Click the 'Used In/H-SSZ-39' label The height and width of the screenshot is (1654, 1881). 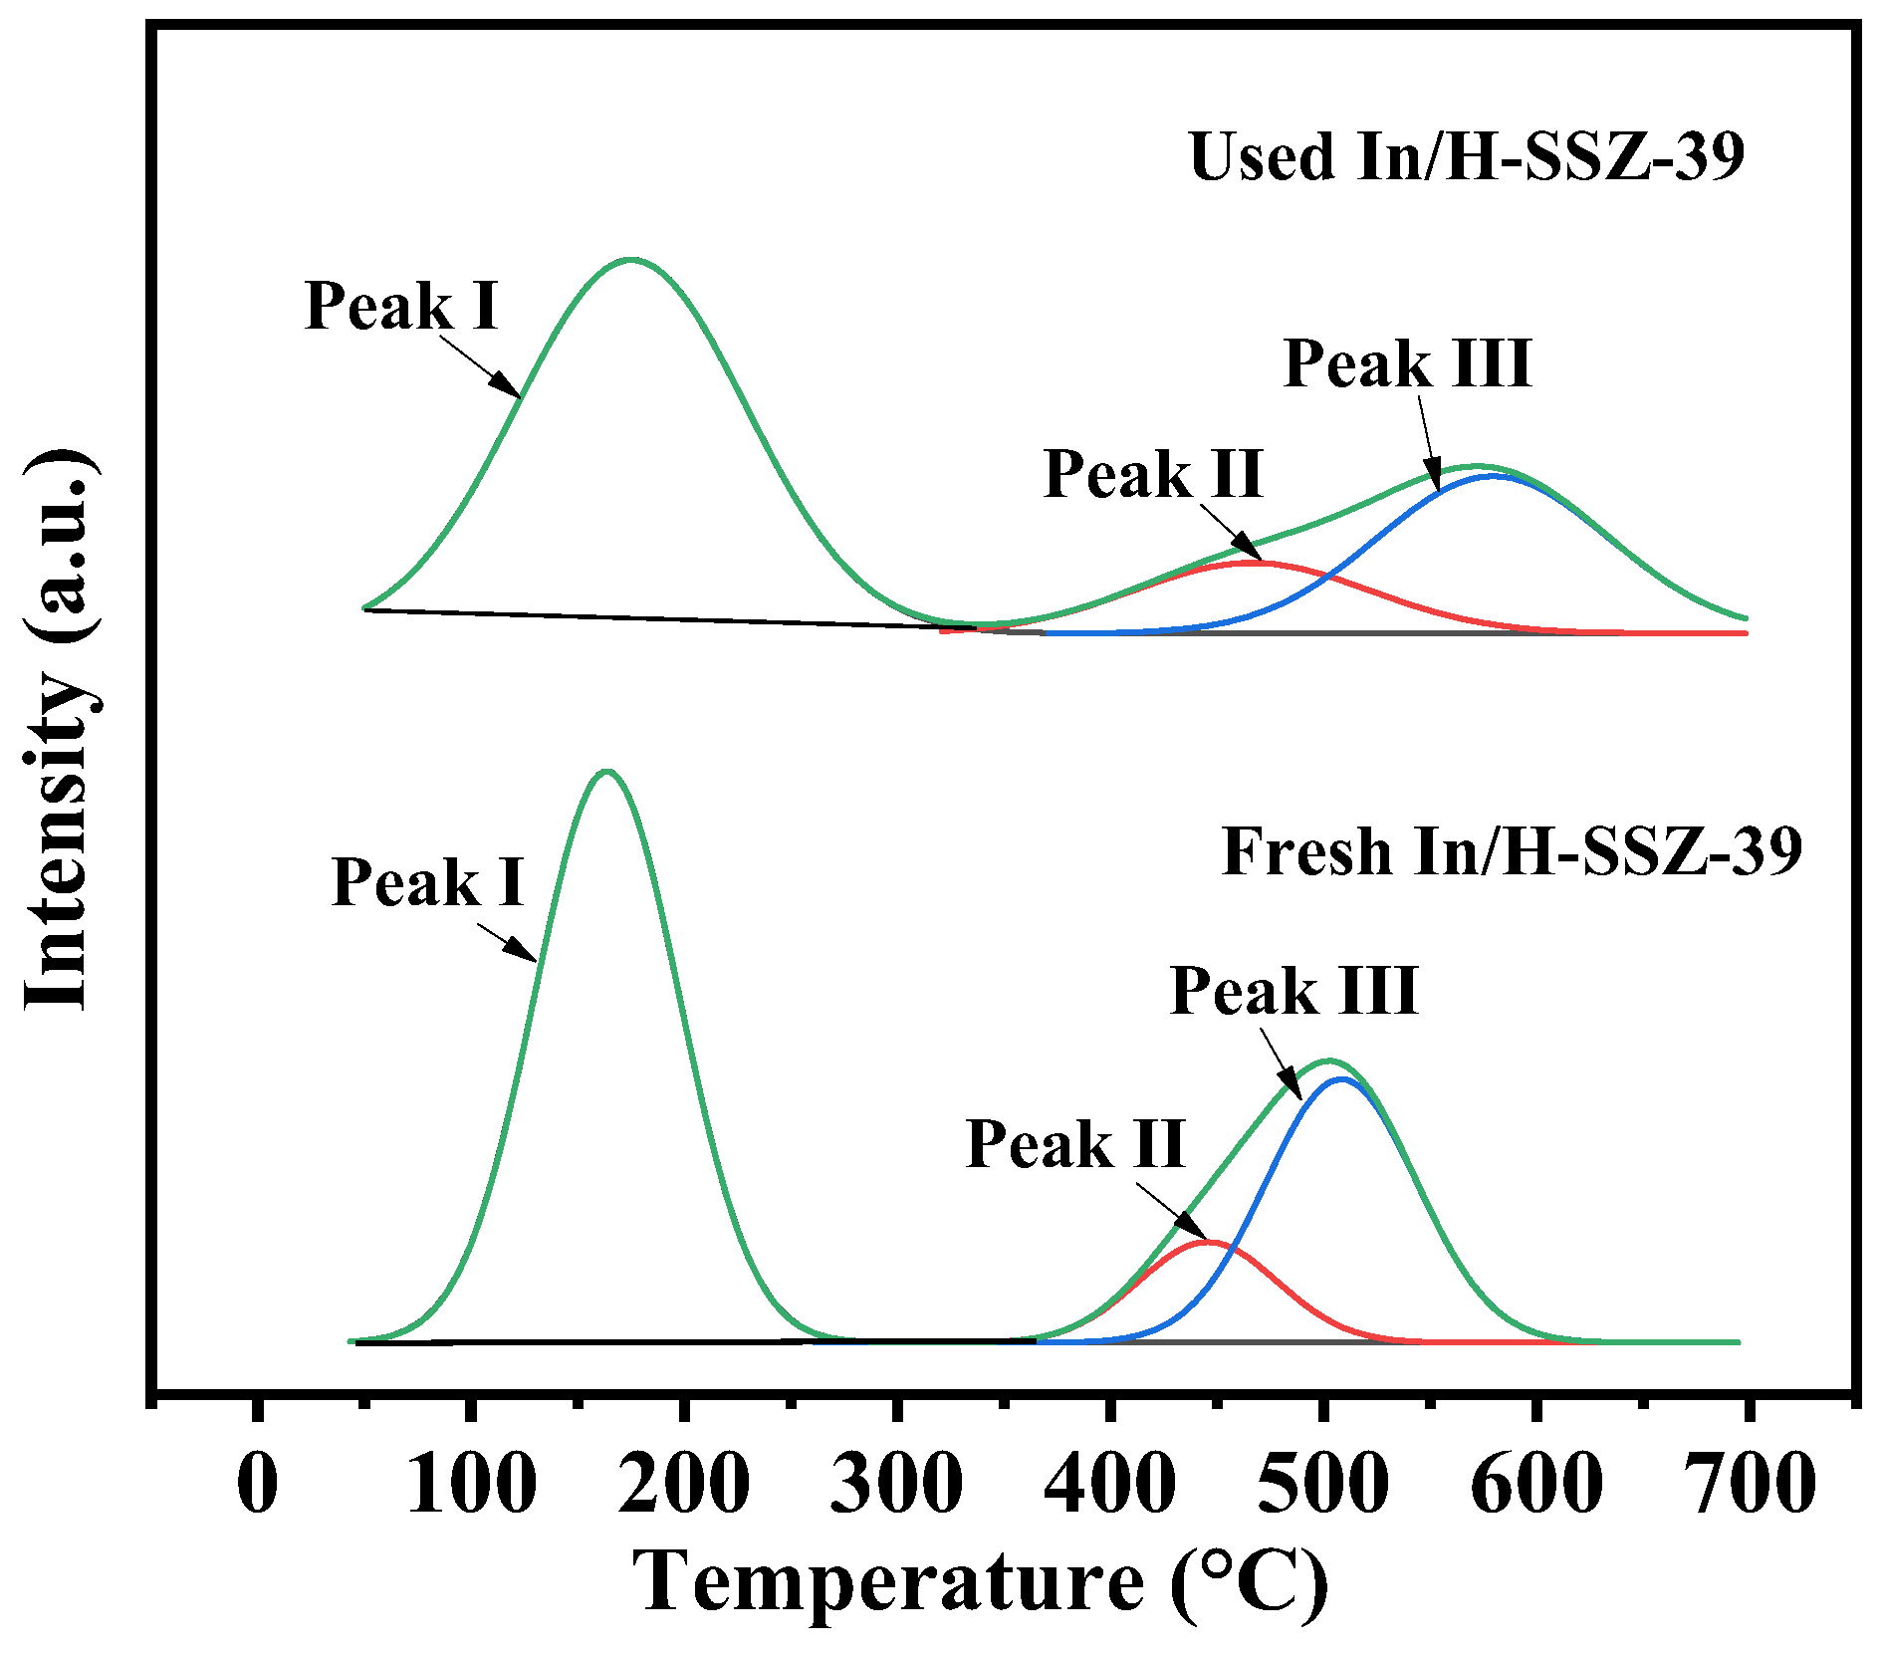[1466, 158]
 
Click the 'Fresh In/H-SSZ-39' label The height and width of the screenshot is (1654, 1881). [1511, 852]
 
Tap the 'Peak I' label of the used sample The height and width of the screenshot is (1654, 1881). [401, 305]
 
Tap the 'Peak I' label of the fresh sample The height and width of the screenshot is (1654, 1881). [427, 882]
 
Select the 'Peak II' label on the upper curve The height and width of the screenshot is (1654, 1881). [1153, 474]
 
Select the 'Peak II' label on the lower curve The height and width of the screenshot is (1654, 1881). [1074, 1144]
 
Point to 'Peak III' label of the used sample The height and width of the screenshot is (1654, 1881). [1407, 363]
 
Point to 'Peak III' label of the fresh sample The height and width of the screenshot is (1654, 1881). [1293, 991]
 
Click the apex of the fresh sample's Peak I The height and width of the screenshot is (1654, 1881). [606, 771]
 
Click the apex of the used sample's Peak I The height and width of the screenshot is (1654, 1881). [631, 260]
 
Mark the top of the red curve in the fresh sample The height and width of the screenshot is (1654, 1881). [1208, 1241]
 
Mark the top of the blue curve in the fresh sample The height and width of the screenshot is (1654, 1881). [1342, 1078]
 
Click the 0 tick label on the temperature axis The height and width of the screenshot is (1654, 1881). [258, 1484]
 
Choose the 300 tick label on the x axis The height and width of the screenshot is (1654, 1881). [896, 1484]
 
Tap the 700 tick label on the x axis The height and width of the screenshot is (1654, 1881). [1749, 1484]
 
